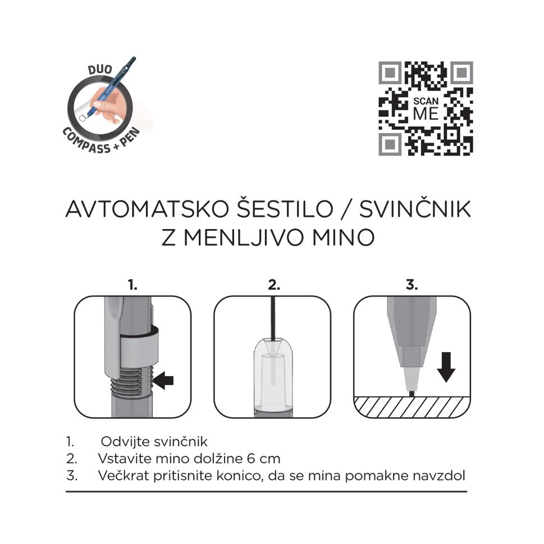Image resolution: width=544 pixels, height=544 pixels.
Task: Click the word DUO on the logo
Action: (100, 70)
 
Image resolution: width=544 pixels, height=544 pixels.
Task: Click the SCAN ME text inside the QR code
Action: (426, 109)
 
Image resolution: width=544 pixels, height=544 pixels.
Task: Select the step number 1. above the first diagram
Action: (132, 285)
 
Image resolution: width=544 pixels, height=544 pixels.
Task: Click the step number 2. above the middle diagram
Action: (274, 285)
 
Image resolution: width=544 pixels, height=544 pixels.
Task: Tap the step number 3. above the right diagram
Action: (412, 285)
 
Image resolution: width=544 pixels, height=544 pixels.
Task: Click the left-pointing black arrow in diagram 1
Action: (163, 381)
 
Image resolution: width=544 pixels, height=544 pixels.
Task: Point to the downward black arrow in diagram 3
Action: (446, 367)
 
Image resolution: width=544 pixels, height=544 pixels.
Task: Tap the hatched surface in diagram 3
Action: (412, 406)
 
